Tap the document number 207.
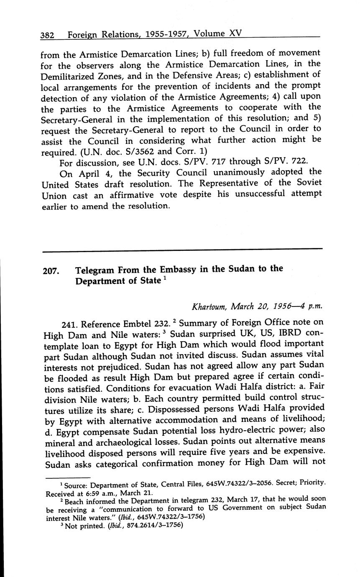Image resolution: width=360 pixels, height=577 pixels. pos(51,271)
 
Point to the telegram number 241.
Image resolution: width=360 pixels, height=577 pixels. pos(69,324)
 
